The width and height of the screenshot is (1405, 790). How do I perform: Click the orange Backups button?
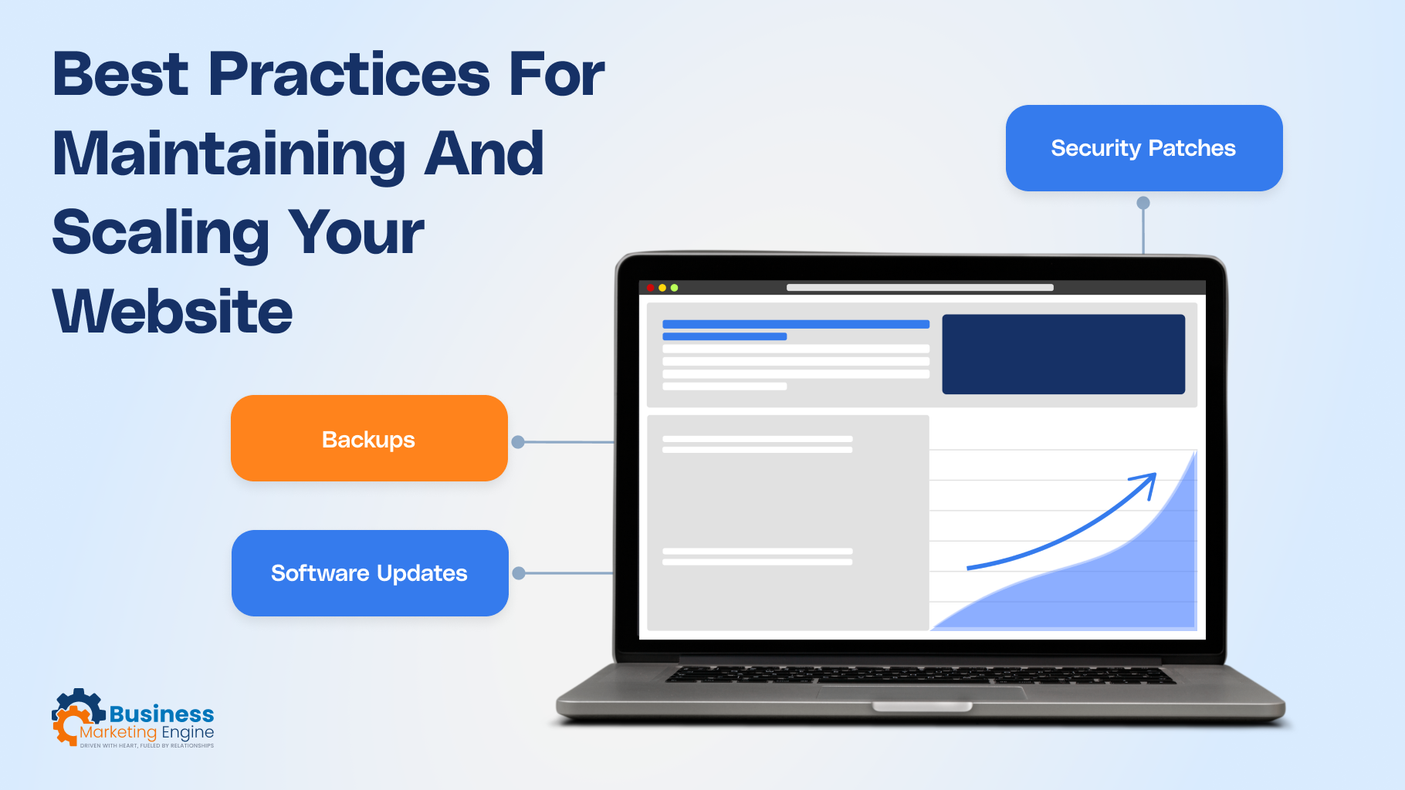(369, 438)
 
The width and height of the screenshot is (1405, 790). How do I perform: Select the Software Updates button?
(370, 573)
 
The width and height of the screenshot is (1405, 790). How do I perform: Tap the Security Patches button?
(1143, 148)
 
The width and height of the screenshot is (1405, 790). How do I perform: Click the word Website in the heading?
(173, 312)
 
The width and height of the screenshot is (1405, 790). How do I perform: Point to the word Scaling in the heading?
(161, 232)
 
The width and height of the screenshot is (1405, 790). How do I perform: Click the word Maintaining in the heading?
(229, 154)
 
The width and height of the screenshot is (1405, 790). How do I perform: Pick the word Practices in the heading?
(349, 75)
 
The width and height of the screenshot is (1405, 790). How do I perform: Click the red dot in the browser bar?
(651, 288)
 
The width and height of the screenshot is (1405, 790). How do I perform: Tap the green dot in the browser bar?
(674, 288)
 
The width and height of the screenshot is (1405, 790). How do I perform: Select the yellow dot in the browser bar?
(662, 288)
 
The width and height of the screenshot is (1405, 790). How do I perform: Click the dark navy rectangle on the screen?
(1063, 354)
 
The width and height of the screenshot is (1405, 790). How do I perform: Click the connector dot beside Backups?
(518, 442)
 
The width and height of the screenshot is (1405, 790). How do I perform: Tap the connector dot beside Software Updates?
(519, 573)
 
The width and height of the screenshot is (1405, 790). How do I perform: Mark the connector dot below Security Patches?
(1143, 203)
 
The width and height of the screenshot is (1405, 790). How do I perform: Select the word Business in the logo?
(161, 714)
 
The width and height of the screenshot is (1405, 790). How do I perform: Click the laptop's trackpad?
(921, 692)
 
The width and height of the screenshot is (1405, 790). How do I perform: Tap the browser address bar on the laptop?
(919, 288)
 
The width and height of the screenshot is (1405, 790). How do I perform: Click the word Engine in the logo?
(188, 732)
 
